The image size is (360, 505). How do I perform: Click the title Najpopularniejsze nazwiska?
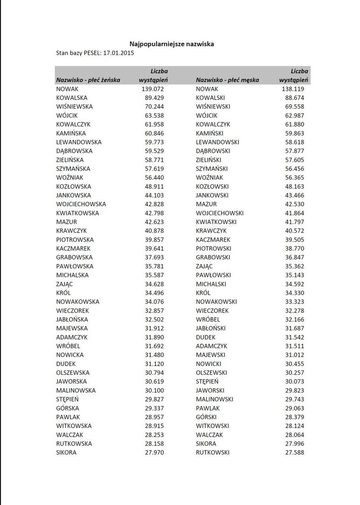[x=171, y=44]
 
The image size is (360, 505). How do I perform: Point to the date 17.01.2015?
[x=118, y=53]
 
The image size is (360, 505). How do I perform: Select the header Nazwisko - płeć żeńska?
[x=88, y=80]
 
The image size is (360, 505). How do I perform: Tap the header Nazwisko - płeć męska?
[x=227, y=80]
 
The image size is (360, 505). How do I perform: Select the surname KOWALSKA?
[x=72, y=98]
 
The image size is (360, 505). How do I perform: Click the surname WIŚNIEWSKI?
[x=213, y=107]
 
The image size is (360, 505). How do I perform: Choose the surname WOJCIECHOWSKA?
[x=81, y=204]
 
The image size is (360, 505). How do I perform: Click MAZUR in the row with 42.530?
[x=206, y=204]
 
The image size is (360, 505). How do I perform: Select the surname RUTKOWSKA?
[x=74, y=443]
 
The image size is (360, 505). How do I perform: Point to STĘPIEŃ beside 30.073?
[x=207, y=381]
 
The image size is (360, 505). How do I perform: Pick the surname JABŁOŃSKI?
[x=211, y=328]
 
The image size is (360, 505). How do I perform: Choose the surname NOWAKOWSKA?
[x=78, y=302]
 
